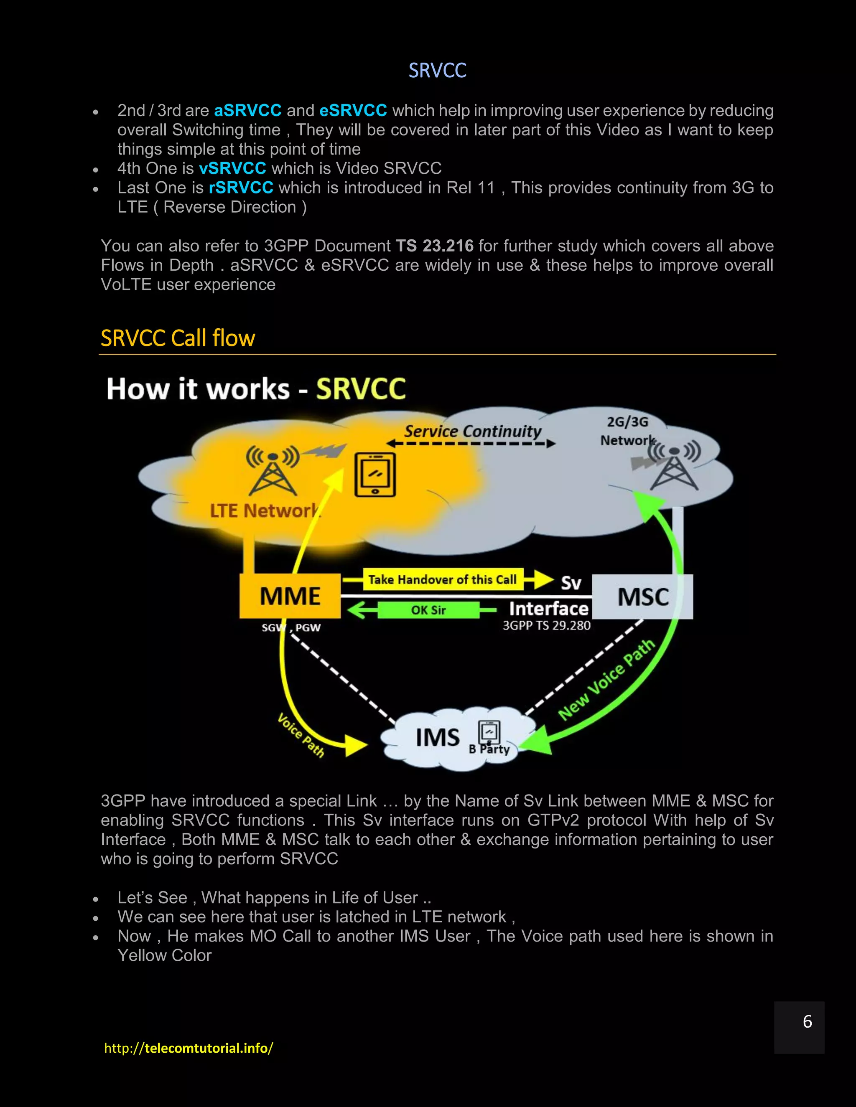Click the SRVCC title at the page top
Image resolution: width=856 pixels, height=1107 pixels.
[437, 71]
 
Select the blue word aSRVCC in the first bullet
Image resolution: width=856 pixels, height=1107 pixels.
[247, 111]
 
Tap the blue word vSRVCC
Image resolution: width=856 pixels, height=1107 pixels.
[232, 168]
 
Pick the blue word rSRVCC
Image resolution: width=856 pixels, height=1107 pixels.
[241, 188]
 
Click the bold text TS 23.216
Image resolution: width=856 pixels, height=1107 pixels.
[435, 246]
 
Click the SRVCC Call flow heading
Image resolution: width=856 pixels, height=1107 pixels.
[178, 338]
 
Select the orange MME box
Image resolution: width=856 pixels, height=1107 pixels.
[290, 596]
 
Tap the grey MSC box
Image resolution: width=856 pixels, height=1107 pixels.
[642, 597]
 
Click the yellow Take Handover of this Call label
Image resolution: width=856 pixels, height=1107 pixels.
[442, 579]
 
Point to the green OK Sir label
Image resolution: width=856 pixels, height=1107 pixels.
[428, 610]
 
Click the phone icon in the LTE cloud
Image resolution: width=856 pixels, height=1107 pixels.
[375, 475]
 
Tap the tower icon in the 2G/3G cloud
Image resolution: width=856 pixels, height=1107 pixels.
[674, 466]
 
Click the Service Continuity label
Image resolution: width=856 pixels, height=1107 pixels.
[473, 432]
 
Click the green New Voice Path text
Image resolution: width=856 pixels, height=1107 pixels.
[606, 680]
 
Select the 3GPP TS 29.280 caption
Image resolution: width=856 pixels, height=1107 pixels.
[546, 625]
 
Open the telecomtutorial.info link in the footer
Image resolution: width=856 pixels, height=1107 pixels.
[189, 1048]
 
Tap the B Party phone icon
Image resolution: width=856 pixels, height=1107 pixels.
[489, 732]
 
